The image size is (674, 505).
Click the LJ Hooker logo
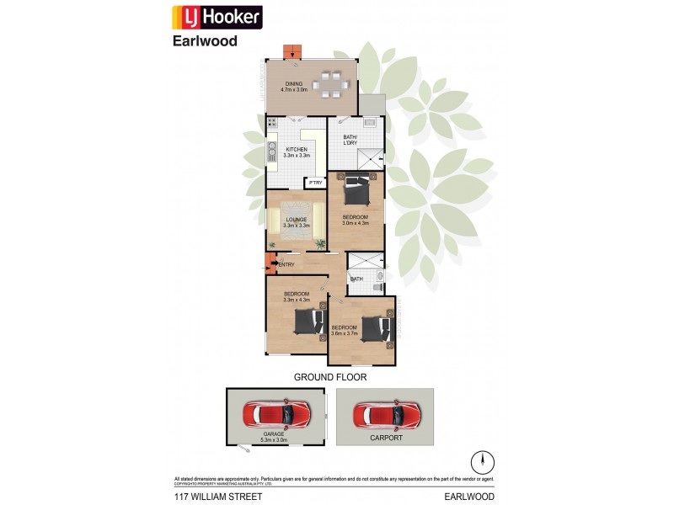click(x=217, y=17)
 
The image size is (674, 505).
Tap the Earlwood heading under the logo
click(x=205, y=40)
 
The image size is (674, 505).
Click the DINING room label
click(x=294, y=83)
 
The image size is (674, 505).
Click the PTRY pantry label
click(x=315, y=183)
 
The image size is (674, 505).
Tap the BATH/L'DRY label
click(x=351, y=141)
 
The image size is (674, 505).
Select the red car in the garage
click(x=275, y=413)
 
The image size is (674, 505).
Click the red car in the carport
click(x=387, y=414)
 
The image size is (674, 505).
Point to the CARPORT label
click(x=385, y=438)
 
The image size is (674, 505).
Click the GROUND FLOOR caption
click(x=330, y=377)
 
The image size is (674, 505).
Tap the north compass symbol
click(x=483, y=461)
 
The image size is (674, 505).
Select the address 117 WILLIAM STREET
click(x=218, y=497)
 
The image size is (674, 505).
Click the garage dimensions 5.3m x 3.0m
click(x=275, y=439)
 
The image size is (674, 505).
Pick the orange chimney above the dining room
click(x=293, y=50)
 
